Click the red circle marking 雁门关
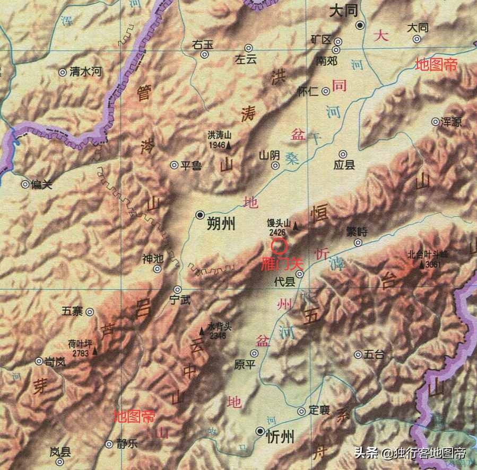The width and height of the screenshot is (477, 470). tap(279, 246)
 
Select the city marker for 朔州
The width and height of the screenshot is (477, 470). tap(200, 215)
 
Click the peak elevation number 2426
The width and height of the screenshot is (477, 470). tap(276, 232)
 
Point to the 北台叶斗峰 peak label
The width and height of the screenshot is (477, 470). tap(428, 254)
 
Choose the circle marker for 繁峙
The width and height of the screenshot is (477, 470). tap(358, 243)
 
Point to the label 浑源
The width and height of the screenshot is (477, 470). tap(451, 122)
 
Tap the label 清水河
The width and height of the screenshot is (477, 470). tap(85, 72)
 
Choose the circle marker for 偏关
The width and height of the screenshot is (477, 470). tap(25, 184)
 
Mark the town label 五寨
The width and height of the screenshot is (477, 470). tap(72, 312)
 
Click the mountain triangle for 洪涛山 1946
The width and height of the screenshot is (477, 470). tap(229, 145)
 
